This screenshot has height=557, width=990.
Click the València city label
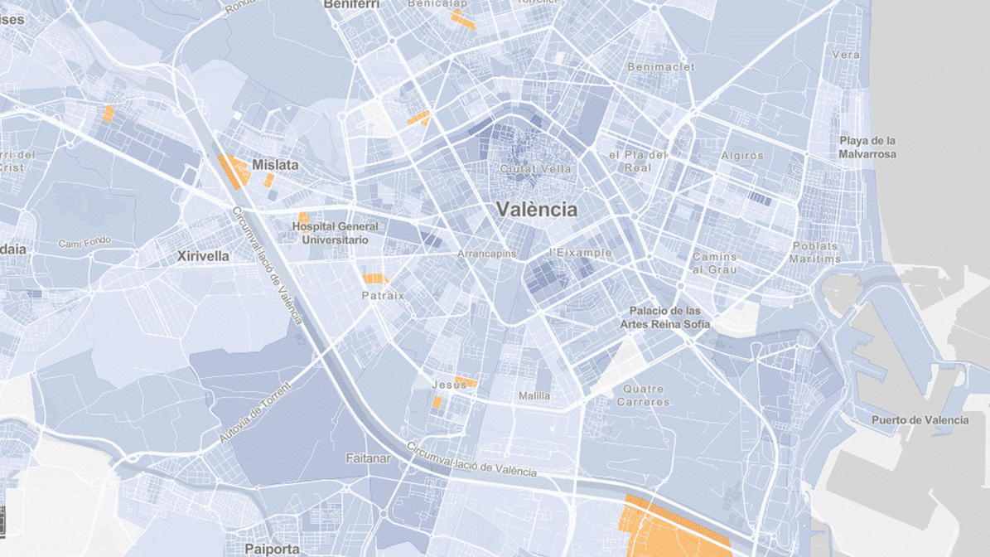click(537, 210)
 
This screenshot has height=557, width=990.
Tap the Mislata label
click(275, 165)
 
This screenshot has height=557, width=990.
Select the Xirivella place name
click(203, 257)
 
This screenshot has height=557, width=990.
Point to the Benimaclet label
click(661, 66)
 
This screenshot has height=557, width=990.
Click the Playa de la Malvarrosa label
click(867, 147)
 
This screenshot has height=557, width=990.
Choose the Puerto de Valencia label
click(920, 420)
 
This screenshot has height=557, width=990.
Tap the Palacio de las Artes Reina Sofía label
click(665, 317)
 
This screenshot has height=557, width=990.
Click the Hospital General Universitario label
click(335, 233)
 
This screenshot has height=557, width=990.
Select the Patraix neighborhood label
click(383, 295)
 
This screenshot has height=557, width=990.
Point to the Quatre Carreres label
click(644, 395)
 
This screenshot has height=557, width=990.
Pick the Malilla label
click(534, 396)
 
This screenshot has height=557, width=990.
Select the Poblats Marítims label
click(816, 252)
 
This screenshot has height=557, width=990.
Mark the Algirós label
click(741, 156)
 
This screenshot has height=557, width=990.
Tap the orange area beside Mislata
click(233, 171)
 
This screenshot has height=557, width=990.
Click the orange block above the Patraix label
click(375, 278)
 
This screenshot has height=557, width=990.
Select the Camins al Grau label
click(714, 263)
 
